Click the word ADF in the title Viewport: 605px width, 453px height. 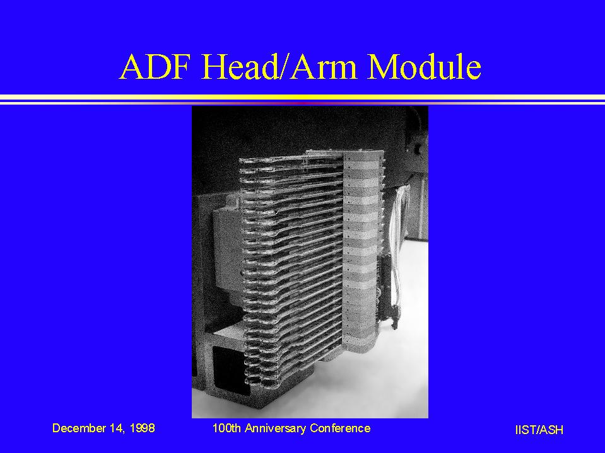(x=156, y=67)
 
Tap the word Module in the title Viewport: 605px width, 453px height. (x=424, y=66)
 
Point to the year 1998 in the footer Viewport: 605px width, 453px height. (x=143, y=428)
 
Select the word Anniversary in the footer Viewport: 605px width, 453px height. (x=276, y=428)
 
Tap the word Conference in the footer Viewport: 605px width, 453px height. (x=340, y=428)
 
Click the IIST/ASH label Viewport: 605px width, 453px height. (x=539, y=430)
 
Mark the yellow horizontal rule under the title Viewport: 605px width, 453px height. (x=303, y=97)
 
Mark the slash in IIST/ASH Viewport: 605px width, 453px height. (x=538, y=430)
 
